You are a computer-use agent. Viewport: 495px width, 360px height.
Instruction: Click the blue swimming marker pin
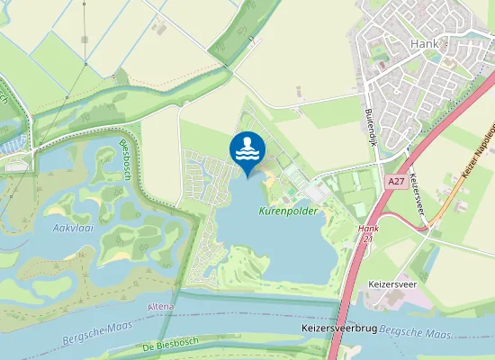247,148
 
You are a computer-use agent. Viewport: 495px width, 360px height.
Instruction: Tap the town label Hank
422,43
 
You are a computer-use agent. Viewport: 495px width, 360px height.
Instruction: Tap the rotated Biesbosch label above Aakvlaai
126,161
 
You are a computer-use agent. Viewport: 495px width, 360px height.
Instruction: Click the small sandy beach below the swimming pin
268,184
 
